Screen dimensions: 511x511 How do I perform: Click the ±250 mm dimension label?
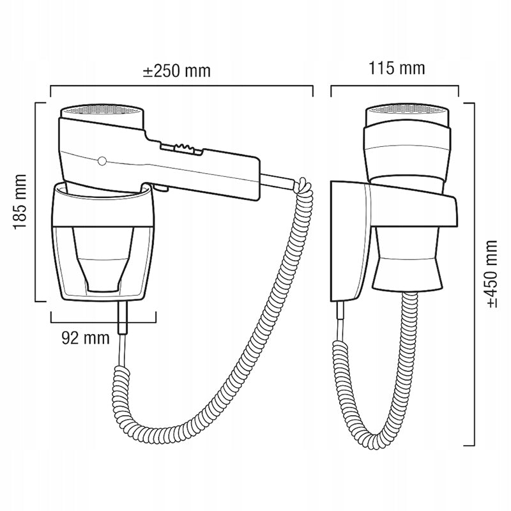[x=177, y=72]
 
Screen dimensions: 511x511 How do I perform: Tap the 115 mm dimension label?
[x=397, y=69]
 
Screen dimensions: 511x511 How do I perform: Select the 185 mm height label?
[x=20, y=202]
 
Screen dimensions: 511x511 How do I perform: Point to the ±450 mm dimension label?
[x=492, y=274]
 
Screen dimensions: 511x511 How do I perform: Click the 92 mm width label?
[x=86, y=339]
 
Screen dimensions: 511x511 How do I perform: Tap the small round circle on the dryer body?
[x=102, y=161]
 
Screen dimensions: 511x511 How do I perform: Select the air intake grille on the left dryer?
[x=102, y=109]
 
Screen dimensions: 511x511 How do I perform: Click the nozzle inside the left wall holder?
[x=103, y=259]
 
